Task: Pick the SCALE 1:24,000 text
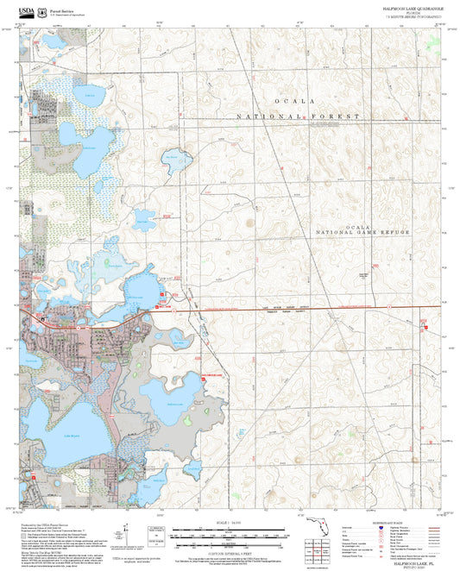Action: click(230, 522)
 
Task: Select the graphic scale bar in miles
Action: click(230, 530)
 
